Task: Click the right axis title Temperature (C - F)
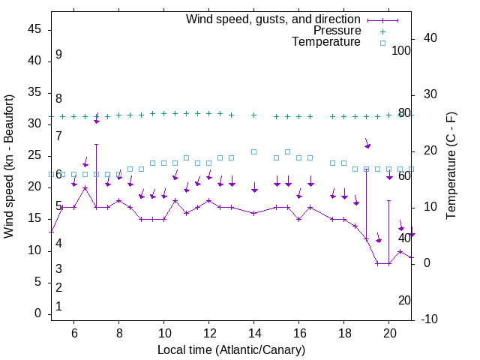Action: [451, 166]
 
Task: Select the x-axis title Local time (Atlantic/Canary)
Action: [232, 350]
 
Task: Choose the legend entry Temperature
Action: [326, 42]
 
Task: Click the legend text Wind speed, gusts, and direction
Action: [274, 19]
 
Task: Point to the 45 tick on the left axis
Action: [34, 29]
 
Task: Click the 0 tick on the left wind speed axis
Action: [38, 314]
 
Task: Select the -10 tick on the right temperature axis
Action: [430, 319]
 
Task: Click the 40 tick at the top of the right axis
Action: [430, 38]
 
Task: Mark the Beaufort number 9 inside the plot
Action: [58, 55]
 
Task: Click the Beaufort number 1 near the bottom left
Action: [58, 307]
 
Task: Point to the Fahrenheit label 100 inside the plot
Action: [401, 51]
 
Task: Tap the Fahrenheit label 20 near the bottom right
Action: [404, 300]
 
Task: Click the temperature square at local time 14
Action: [254, 151]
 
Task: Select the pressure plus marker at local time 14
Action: [254, 115]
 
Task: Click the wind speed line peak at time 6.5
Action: [85, 188]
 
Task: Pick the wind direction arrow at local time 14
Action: [254, 187]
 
